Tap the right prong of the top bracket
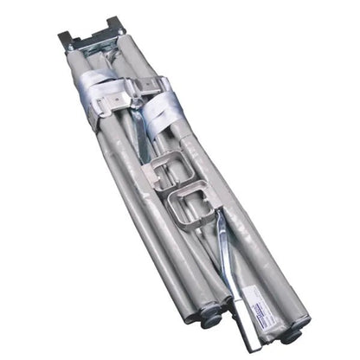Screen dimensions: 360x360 tap(116, 23)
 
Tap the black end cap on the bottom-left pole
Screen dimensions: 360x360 tap(210, 316)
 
